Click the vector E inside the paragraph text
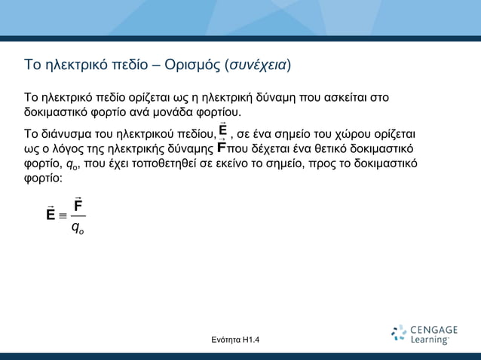pos(223,130)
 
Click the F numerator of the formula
pos(78,205)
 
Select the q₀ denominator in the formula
pos(78,228)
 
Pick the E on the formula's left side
pos(50,215)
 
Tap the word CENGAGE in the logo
pos(434,330)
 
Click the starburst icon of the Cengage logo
pos(400,334)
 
